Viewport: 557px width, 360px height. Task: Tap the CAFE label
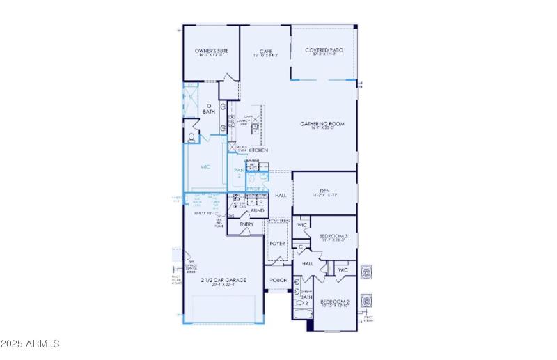coord(265,52)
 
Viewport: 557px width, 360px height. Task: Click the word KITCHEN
coord(259,150)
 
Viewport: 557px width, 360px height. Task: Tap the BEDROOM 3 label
coord(333,237)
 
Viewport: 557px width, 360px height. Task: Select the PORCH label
coord(278,280)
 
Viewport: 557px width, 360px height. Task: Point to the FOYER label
coord(278,244)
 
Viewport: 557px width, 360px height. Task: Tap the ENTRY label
coord(246,224)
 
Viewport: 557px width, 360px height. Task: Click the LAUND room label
coord(257,209)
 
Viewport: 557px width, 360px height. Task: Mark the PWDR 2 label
coord(255,188)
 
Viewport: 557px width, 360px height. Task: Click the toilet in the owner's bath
coord(191,134)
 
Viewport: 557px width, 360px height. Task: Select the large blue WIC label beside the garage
coord(205,167)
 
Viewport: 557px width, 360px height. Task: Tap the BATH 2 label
coord(304,301)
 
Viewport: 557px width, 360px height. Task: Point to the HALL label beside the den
coord(281,196)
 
